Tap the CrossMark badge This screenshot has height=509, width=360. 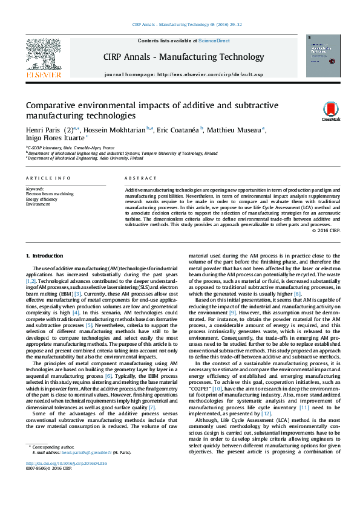click(330, 111)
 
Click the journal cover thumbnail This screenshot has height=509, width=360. click(323, 55)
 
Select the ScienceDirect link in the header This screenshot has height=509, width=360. click(215, 41)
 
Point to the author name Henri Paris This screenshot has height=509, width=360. click(45, 129)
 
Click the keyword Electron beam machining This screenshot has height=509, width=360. click(50, 193)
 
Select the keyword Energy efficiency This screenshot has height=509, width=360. click(42, 199)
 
